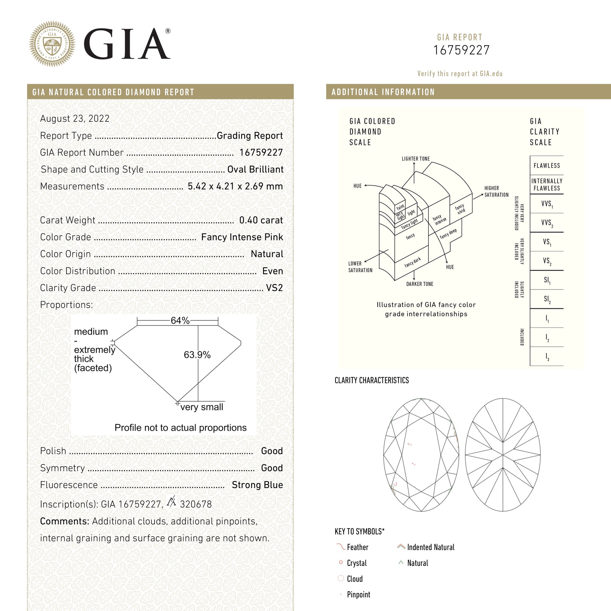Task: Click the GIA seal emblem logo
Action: tap(52, 44)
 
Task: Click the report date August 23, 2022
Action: tap(75, 119)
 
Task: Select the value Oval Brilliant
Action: tap(255, 170)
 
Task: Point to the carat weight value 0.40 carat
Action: tap(261, 220)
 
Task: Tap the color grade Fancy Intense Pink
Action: tap(242, 237)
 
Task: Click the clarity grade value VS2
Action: tap(274, 288)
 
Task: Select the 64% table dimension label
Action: tap(180, 321)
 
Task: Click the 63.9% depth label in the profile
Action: tap(197, 355)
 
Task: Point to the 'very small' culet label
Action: tap(202, 407)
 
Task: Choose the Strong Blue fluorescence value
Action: tap(257, 485)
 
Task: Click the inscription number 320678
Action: tap(196, 504)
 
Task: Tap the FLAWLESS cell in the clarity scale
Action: tap(547, 165)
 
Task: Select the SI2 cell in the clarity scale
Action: tap(547, 299)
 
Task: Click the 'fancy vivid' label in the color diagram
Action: tap(460, 209)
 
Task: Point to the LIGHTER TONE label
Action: tap(416, 159)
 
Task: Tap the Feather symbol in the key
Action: tap(341, 547)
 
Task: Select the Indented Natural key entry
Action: tap(431, 547)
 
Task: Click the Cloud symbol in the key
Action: tap(341, 579)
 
